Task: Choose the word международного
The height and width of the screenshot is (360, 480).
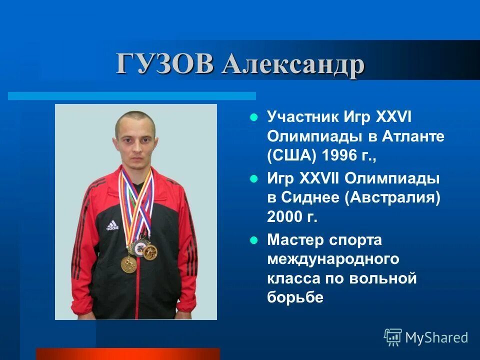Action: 333,259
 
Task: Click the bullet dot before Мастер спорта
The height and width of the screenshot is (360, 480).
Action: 253,240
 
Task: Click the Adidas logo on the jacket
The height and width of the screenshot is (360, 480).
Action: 112,226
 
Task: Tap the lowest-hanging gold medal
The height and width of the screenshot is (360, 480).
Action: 128,263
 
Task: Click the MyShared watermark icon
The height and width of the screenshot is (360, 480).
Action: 393,337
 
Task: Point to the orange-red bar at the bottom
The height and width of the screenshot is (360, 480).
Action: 127,354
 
